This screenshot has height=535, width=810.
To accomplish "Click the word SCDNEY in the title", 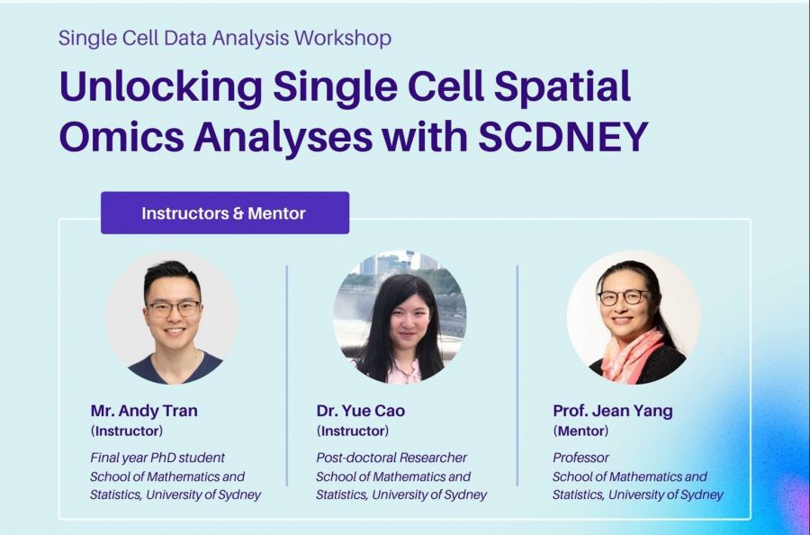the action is pyautogui.click(x=562, y=137).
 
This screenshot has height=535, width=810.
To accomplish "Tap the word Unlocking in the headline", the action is pyautogui.click(x=161, y=86).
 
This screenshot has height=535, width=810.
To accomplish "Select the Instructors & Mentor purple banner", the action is pyautogui.click(x=225, y=213).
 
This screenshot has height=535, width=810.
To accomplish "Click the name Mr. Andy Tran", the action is pyautogui.click(x=144, y=411).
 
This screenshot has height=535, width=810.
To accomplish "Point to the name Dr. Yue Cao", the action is pyautogui.click(x=361, y=411).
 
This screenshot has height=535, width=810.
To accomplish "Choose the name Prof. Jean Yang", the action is pyautogui.click(x=613, y=411).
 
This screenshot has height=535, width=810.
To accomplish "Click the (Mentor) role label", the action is pyautogui.click(x=580, y=431).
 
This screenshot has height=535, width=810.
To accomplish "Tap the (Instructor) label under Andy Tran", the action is pyautogui.click(x=127, y=431).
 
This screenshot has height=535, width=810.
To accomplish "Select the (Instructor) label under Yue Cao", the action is pyautogui.click(x=352, y=431).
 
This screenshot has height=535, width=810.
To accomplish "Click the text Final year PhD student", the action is pyautogui.click(x=157, y=458).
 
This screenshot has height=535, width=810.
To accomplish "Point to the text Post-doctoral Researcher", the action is pyautogui.click(x=391, y=458).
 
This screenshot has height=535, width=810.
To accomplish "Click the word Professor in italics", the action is pyautogui.click(x=580, y=458).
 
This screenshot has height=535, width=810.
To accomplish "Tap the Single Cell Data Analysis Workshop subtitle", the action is pyautogui.click(x=225, y=39).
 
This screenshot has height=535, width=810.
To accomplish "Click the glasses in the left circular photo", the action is pyautogui.click(x=174, y=309).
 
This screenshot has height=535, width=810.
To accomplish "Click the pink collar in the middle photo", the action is pyautogui.click(x=404, y=372).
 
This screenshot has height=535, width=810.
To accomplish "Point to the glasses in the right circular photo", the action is pyautogui.click(x=624, y=296).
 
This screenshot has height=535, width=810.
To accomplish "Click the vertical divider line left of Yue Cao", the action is pyautogui.click(x=287, y=376).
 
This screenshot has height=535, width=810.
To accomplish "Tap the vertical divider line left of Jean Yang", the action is pyautogui.click(x=517, y=376).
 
